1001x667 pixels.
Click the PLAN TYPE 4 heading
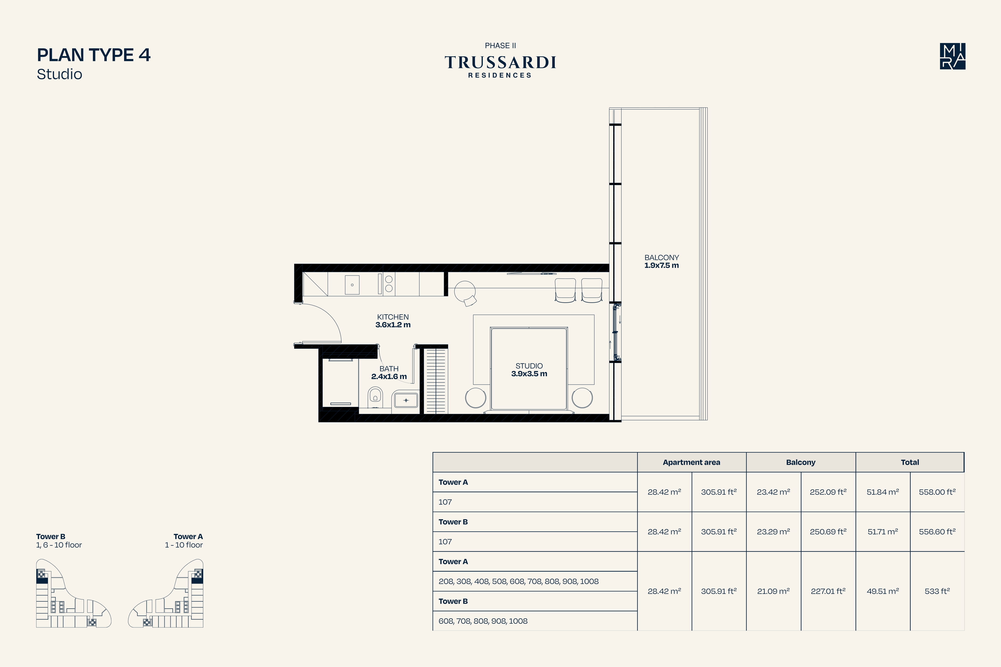tap(94, 55)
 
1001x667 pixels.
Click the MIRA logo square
tap(953, 56)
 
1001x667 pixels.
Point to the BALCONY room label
tap(661, 257)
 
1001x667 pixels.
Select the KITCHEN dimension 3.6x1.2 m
tap(393, 325)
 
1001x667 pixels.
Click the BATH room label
tap(389, 369)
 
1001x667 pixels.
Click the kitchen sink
tap(352, 285)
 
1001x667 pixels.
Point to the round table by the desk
tap(465, 291)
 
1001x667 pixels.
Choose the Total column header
tap(910, 463)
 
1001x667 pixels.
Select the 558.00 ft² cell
tap(937, 492)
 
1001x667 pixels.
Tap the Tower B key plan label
tap(51, 536)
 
